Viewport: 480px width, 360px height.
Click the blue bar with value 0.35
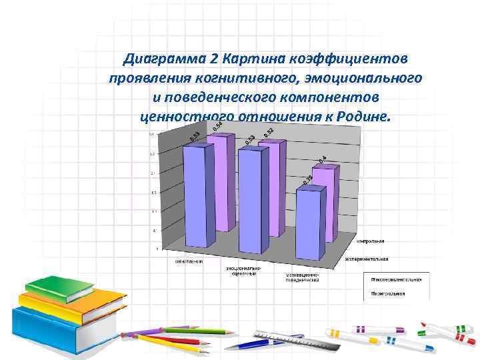(310, 223)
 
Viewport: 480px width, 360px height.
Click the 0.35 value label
(308, 180)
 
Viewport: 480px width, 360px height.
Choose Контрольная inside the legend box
(390, 293)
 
